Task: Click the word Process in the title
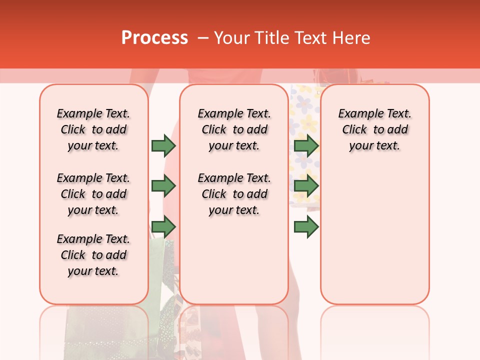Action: click(154, 38)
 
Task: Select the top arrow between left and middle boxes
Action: click(163, 146)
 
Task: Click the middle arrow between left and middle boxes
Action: click(163, 186)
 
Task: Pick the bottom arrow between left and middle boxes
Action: click(163, 226)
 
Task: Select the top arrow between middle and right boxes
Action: click(306, 146)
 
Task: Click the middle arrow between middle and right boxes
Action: click(306, 186)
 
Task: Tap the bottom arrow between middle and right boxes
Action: click(306, 226)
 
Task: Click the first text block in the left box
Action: click(93, 129)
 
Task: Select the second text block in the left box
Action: click(93, 194)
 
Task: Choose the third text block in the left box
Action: click(93, 255)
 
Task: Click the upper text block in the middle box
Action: click(234, 129)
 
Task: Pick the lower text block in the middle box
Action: click(234, 194)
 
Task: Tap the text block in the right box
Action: click(374, 129)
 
